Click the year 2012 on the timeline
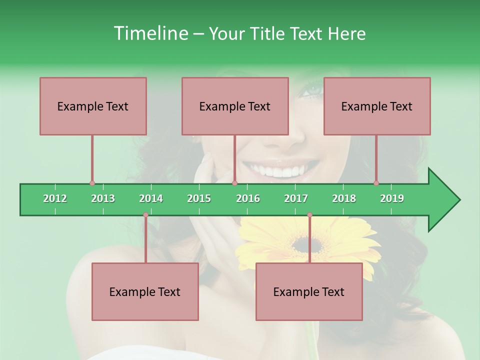click(x=55, y=198)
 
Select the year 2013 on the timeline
click(x=103, y=198)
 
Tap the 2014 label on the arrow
click(x=151, y=198)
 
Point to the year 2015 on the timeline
click(x=199, y=198)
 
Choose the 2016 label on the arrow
click(x=248, y=198)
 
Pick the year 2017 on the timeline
click(x=296, y=198)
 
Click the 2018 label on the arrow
click(x=344, y=198)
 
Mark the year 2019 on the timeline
click(x=392, y=198)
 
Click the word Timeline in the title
click(x=149, y=33)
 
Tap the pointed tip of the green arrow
click(x=458, y=200)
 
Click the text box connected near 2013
click(x=93, y=106)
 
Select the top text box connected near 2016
click(x=235, y=106)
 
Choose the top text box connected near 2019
click(x=377, y=106)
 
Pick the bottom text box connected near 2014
click(x=145, y=291)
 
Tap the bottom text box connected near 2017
click(x=309, y=291)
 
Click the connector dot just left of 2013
click(x=92, y=183)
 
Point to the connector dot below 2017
click(x=309, y=215)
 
